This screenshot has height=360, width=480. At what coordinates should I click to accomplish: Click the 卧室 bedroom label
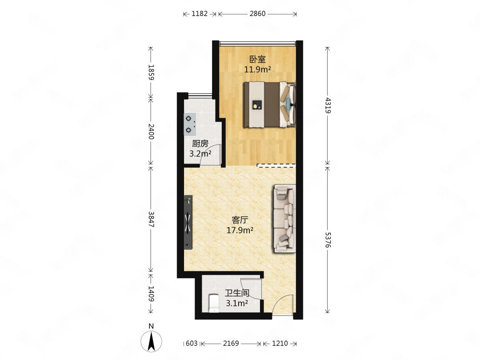pos(257,59)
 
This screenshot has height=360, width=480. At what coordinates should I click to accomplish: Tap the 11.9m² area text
pos(257,69)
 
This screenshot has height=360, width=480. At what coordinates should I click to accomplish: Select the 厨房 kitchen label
pos(200,143)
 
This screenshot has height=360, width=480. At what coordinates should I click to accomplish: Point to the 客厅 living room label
pos(240,220)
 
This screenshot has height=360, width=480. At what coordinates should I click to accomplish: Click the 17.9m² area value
pos(240,230)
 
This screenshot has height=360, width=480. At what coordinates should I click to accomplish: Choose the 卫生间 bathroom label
pos(237,293)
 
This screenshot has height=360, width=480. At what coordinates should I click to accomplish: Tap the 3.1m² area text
pos(237,304)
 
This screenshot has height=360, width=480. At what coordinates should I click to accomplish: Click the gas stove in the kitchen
pos(190,124)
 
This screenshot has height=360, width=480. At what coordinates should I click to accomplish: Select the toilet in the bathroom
pos(213,303)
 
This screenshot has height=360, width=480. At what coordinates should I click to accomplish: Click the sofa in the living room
pos(285,218)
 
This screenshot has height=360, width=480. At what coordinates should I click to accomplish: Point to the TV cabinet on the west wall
pos(188,222)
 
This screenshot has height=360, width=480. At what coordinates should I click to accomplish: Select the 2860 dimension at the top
pos(257,13)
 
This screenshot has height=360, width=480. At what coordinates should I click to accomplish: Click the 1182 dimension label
pos(200,13)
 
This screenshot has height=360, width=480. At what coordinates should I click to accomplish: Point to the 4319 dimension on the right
pos(328,105)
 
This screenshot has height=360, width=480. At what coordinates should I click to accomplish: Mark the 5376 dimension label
pos(328,240)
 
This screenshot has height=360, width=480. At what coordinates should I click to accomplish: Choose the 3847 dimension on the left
pos(151,219)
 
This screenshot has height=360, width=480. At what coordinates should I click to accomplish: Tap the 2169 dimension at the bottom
pos(231,344)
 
